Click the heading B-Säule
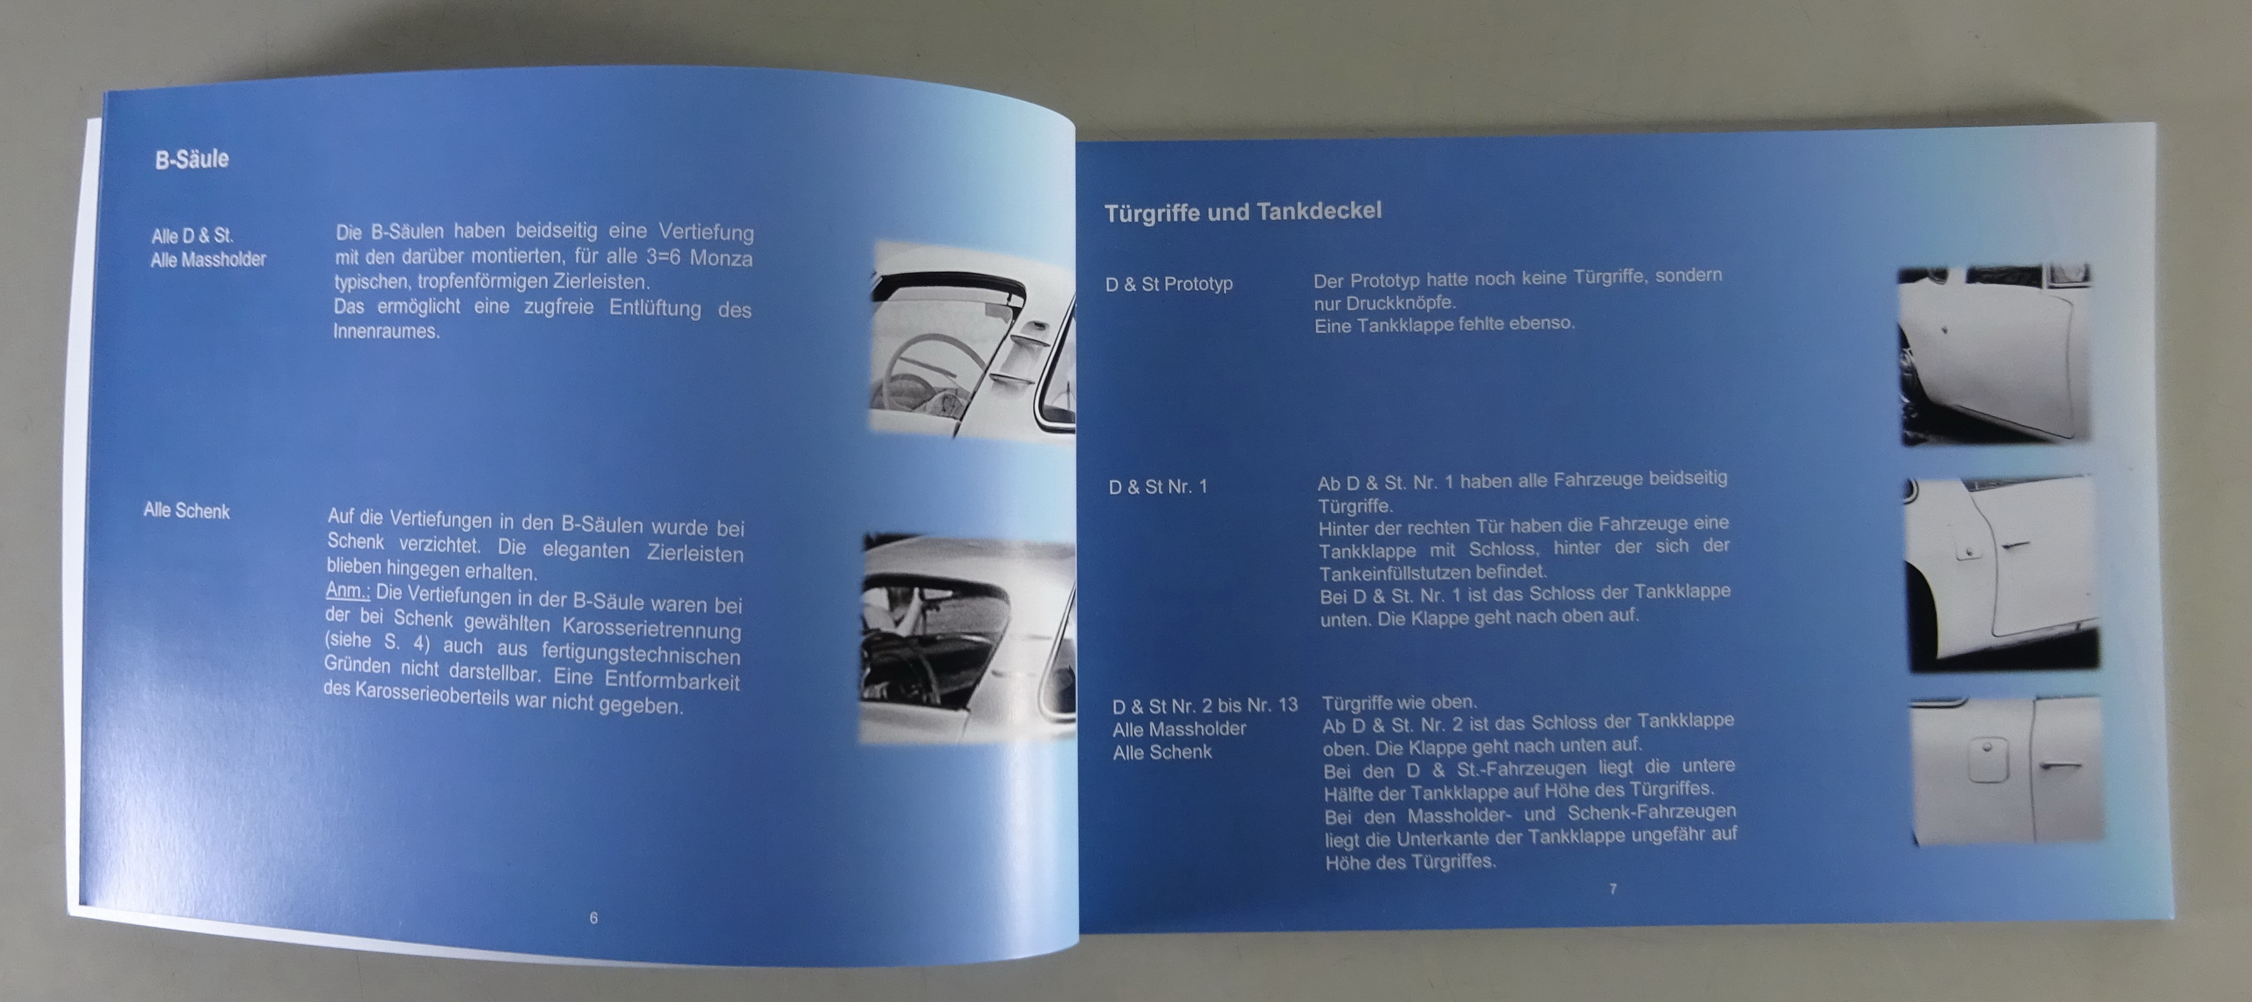click(192, 159)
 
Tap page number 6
click(593, 917)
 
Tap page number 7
click(1612, 888)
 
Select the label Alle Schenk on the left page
click(187, 510)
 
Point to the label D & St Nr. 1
click(1157, 487)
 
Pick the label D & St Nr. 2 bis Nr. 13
click(1205, 705)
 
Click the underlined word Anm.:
click(348, 591)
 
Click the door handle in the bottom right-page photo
click(2060, 767)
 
